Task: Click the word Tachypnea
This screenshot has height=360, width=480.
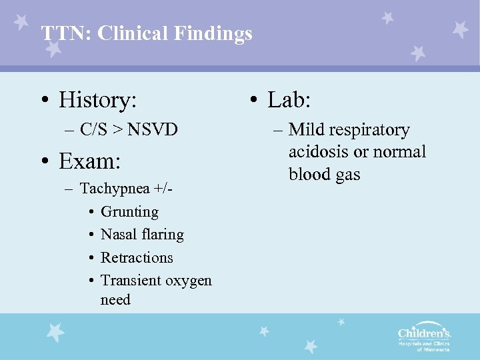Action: point(114,189)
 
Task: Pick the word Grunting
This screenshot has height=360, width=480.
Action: point(129,212)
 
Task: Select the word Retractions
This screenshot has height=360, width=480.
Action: point(137,257)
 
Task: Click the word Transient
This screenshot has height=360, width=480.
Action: point(131,281)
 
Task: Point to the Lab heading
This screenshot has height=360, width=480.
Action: point(289,100)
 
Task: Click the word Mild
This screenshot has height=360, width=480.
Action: point(305,129)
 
